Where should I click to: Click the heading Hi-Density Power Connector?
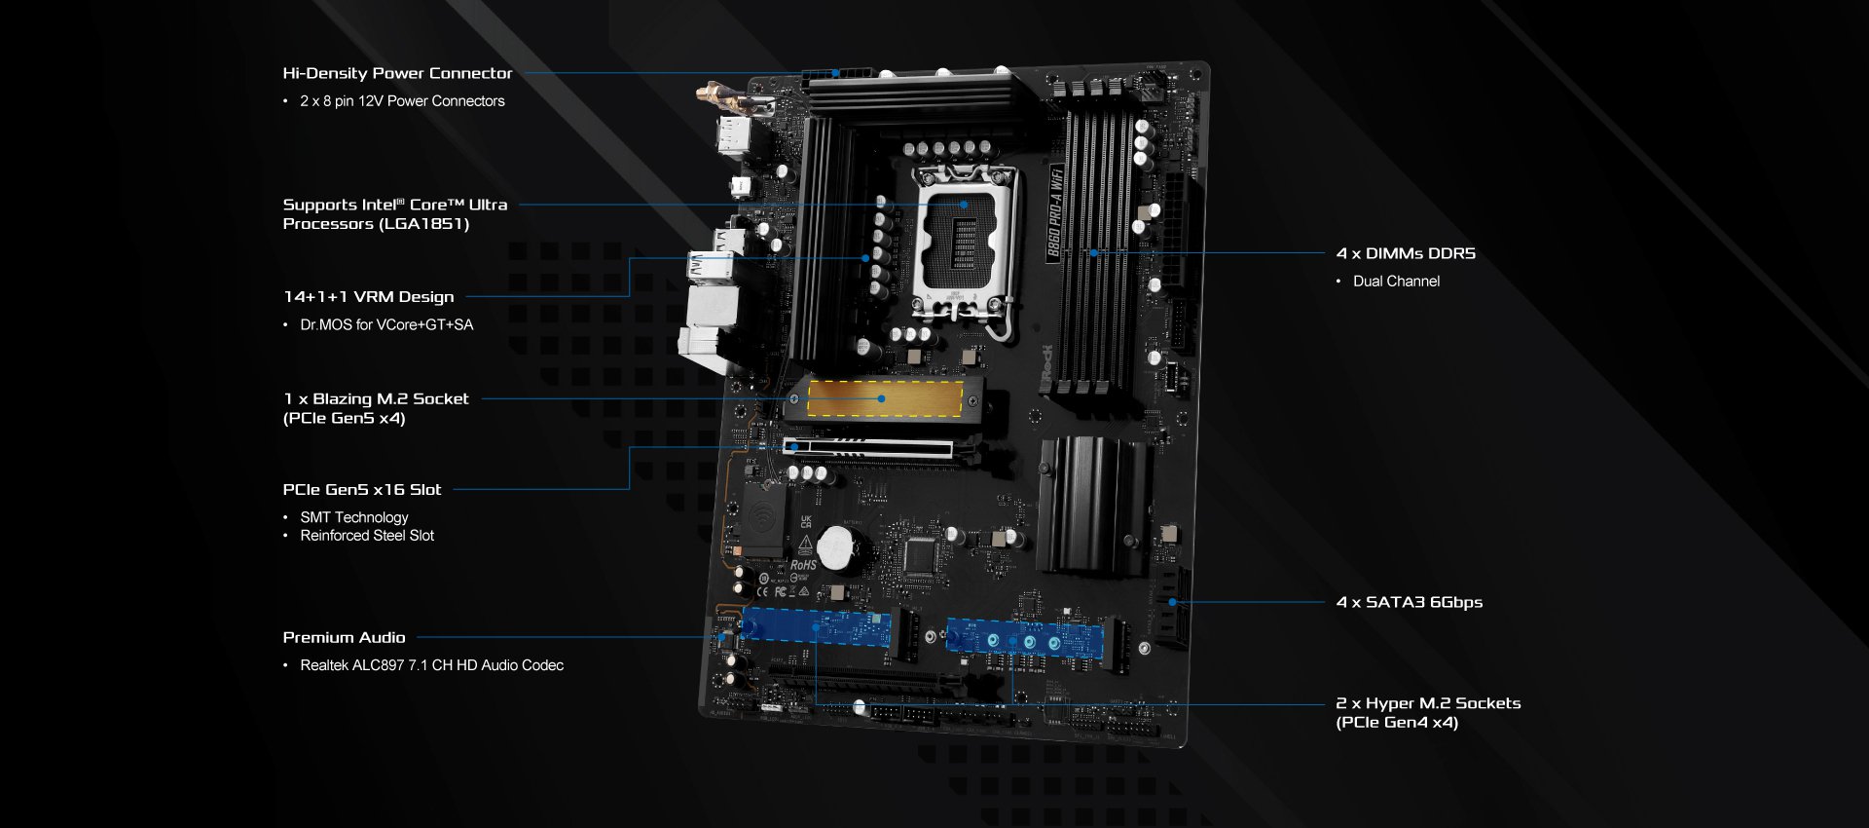point(397,73)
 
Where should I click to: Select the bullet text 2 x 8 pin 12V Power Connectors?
point(402,101)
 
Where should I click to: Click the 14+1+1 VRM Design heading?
point(369,297)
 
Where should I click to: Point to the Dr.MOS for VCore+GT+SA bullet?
point(386,325)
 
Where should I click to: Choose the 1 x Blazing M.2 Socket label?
point(376,399)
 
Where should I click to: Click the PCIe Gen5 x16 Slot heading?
point(362,490)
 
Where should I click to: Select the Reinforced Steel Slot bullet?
point(367,536)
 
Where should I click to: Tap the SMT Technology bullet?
point(354,517)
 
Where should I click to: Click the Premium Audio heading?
point(344,638)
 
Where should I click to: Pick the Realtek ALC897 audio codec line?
point(431,665)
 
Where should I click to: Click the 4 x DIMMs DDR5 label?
point(1406,254)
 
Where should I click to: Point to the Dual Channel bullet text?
point(1396,282)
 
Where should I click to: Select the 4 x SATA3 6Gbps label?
point(1410,603)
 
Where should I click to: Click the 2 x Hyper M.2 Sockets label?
point(1428,703)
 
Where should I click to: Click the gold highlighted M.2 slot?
point(885,398)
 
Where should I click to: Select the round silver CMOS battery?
point(836,548)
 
